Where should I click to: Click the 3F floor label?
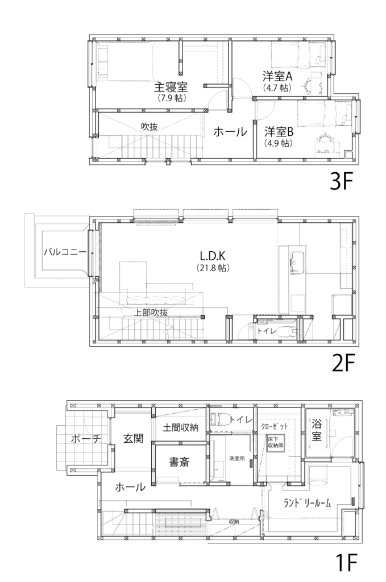point(341,181)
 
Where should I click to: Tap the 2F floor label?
point(343,363)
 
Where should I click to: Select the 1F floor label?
point(346,563)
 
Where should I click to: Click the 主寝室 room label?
point(171,87)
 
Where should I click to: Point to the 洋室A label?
point(277,76)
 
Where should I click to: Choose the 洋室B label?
point(279,131)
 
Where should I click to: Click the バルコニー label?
point(65,252)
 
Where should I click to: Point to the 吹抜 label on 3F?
point(149,127)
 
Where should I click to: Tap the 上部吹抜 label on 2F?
point(150,313)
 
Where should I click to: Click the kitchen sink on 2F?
point(297,259)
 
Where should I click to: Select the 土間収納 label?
point(180,427)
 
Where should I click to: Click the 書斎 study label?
point(179,462)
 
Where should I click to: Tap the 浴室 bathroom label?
point(317,430)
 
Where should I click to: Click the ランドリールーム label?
point(307,503)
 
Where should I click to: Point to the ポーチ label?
point(86,439)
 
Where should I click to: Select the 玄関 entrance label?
point(133,438)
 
